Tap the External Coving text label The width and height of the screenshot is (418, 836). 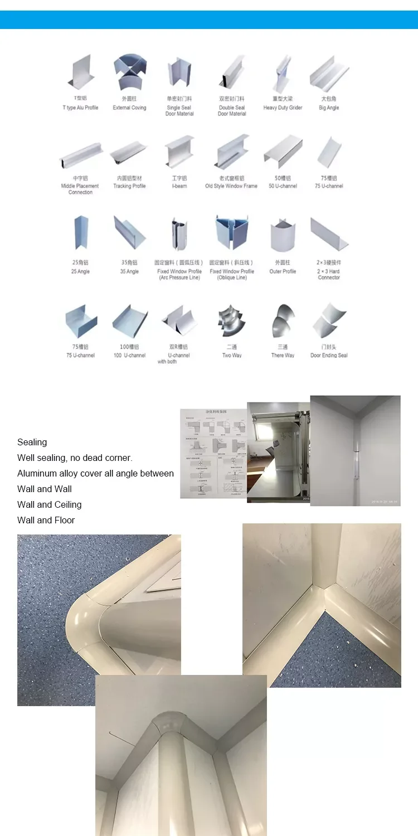point(129,108)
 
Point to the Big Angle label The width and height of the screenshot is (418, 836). point(329,108)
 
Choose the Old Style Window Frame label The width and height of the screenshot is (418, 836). point(231,186)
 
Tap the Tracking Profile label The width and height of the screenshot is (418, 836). point(129,186)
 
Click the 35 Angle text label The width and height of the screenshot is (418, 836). point(129,271)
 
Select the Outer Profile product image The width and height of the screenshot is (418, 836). point(283,235)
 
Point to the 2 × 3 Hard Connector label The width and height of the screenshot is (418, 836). point(329,274)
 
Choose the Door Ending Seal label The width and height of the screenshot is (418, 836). point(329,355)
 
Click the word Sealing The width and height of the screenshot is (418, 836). point(32,442)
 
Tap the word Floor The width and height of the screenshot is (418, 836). point(64,520)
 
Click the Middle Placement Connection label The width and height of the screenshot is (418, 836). point(80,189)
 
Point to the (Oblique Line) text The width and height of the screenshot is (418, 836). point(231,278)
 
